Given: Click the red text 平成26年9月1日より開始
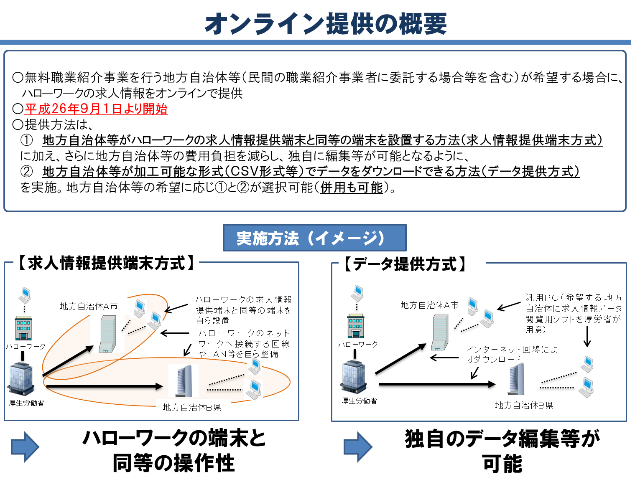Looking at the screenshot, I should click(x=96, y=109).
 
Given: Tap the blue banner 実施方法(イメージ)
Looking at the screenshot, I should click(x=314, y=238).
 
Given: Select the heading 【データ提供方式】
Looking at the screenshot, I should click(x=404, y=264).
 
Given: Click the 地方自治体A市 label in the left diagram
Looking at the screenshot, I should click(x=89, y=306).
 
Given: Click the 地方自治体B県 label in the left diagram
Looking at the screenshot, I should click(x=192, y=407).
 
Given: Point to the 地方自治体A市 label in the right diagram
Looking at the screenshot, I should click(x=429, y=305).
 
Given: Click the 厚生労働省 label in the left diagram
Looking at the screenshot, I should click(x=26, y=403).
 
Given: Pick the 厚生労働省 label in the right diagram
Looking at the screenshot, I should click(x=359, y=401).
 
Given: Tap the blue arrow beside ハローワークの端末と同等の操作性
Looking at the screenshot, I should click(x=25, y=446).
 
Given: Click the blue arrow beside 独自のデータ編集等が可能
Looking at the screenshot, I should click(x=358, y=446).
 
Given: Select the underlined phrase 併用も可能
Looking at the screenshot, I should click(x=352, y=188).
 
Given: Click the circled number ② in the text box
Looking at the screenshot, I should click(x=26, y=171).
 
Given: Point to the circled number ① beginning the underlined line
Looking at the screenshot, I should click(x=26, y=140).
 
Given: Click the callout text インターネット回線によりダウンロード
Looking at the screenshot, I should click(x=512, y=354).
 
